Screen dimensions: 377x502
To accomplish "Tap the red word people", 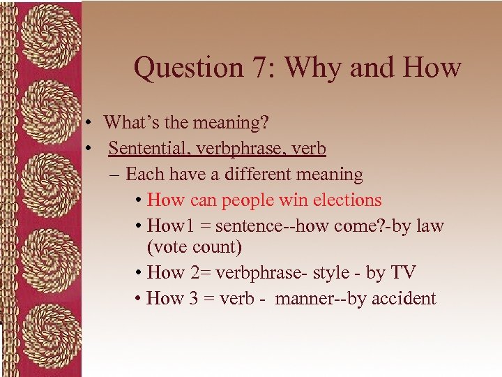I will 248,200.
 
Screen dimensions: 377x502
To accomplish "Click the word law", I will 429,226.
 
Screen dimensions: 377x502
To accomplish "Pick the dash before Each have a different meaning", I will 114,174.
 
